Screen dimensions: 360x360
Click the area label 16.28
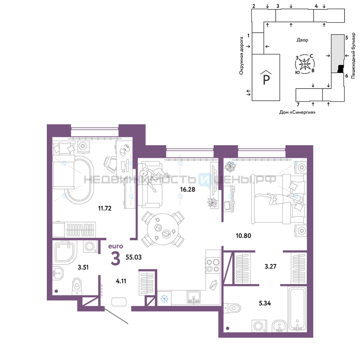[188, 189]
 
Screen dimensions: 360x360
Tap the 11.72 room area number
[105, 208]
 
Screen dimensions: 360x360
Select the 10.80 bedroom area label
[243, 235]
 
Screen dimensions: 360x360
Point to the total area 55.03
[134, 257]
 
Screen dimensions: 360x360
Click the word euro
[116, 246]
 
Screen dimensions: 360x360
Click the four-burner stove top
[213, 265]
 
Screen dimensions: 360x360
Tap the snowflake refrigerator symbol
[164, 299]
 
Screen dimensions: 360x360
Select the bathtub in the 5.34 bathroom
[297, 309]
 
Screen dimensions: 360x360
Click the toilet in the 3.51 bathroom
[77, 287]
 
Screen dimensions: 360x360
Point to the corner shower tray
[64, 252]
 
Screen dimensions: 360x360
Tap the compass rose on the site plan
[305, 64]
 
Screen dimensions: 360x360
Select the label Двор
[302, 40]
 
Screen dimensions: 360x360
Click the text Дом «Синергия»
[297, 112]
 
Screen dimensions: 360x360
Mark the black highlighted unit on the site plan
[340, 69]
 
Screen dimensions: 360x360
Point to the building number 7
[298, 104]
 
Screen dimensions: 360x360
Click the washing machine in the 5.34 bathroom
[259, 326]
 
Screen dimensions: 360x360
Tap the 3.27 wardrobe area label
[270, 266]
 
